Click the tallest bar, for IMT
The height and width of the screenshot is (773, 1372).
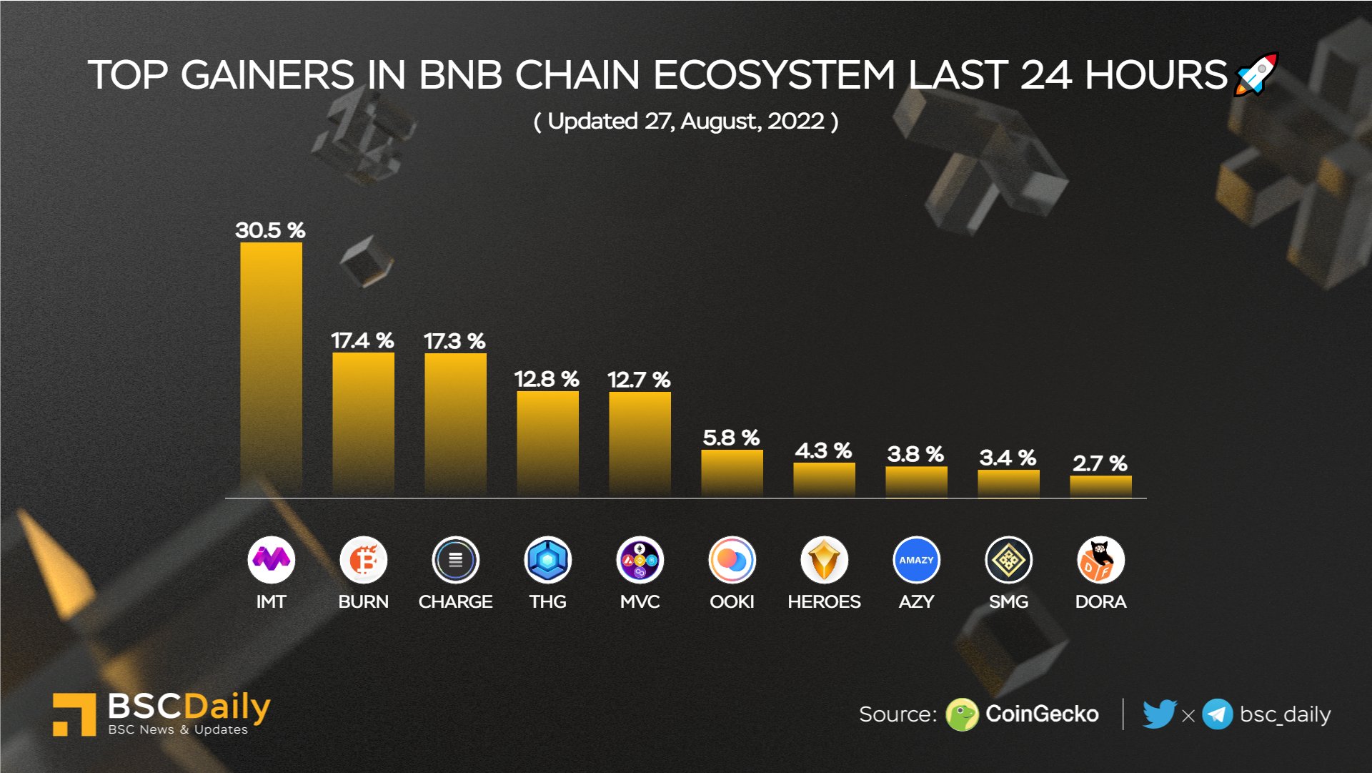coord(271,368)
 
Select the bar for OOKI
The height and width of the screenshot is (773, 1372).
coord(732,473)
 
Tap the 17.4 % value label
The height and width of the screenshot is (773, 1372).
coord(362,340)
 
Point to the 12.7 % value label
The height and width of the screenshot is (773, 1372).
coord(639,380)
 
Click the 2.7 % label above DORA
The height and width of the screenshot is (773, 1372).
coord(1100,463)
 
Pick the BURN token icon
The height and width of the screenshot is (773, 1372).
coord(363,560)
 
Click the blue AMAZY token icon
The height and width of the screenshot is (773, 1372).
coord(916,560)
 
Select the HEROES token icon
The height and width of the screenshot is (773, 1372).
coord(824,560)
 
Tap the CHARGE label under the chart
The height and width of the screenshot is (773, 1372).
coord(455,601)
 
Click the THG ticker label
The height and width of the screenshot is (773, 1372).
coord(547,601)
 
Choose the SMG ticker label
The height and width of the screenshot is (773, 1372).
coord(1008,601)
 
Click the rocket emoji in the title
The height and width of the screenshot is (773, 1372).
coord(1256,74)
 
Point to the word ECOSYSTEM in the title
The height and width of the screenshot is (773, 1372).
coord(773,75)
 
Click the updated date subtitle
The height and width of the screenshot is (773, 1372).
coord(686,122)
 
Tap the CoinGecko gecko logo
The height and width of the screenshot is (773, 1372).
coord(961,714)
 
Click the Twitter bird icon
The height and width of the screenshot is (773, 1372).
coord(1158,714)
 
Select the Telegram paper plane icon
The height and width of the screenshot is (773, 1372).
coord(1217,714)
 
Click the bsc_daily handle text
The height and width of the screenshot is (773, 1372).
coord(1285,714)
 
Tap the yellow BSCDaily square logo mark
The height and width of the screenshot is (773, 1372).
coord(74,714)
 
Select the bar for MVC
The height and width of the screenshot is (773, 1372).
coord(640,443)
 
